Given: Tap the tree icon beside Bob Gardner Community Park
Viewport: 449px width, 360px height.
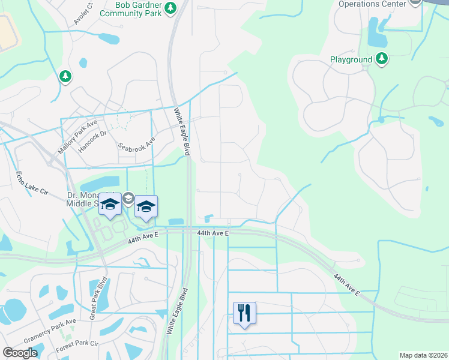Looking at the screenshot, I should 172,8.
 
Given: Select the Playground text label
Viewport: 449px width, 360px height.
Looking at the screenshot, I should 351,60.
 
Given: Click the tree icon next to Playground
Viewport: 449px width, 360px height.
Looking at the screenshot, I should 381,59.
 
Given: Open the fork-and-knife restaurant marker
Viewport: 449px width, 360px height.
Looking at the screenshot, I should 244,313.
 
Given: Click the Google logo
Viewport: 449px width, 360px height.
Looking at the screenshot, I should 20,353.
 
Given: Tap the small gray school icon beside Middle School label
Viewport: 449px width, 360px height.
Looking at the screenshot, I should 128,198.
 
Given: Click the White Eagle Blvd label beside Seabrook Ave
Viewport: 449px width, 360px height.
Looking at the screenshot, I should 182,131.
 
